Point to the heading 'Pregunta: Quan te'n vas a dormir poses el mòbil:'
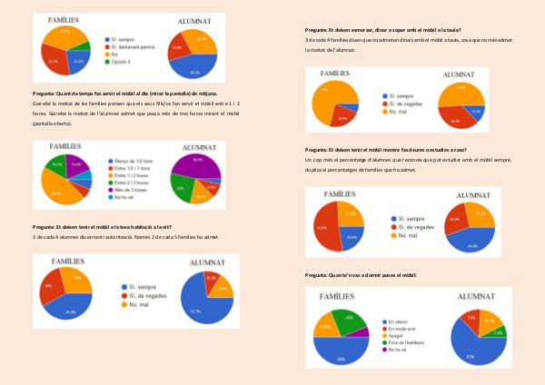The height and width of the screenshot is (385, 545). coord(361,274)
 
